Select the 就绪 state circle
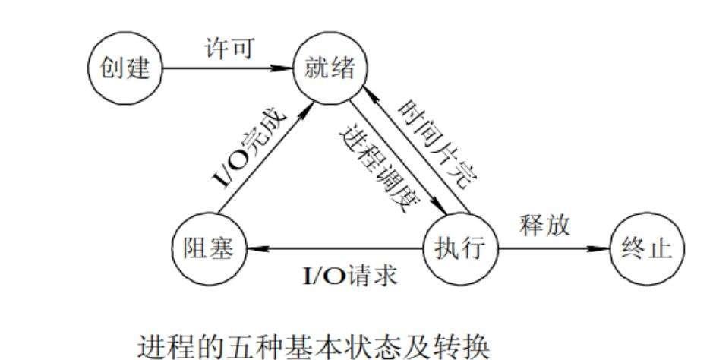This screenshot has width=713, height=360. (330, 68)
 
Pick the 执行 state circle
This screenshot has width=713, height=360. (460, 248)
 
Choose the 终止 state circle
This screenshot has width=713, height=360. (648, 248)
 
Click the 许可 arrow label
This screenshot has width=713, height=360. (228, 47)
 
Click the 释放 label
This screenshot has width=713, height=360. (544, 226)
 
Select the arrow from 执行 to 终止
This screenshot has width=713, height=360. (554, 248)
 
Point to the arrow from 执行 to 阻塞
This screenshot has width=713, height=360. (334, 248)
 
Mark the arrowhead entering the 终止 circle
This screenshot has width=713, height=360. (604, 248)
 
